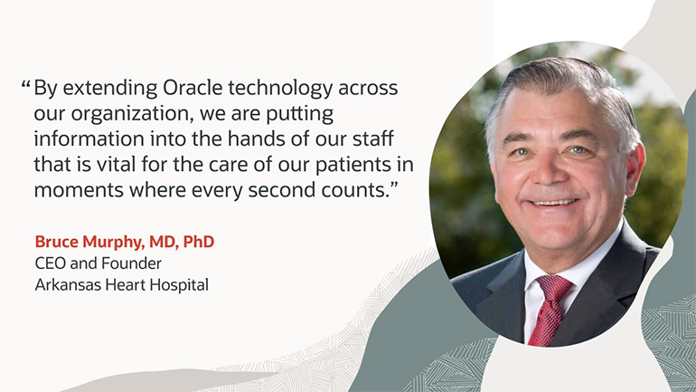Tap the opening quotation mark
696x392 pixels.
click(x=25, y=83)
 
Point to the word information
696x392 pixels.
click(x=89, y=139)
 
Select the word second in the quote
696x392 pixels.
click(x=278, y=190)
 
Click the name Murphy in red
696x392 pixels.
click(x=114, y=243)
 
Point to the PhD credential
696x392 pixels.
click(x=199, y=242)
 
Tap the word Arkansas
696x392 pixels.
click(x=68, y=284)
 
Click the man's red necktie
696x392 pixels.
click(x=550, y=310)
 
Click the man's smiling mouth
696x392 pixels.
click(x=553, y=203)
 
